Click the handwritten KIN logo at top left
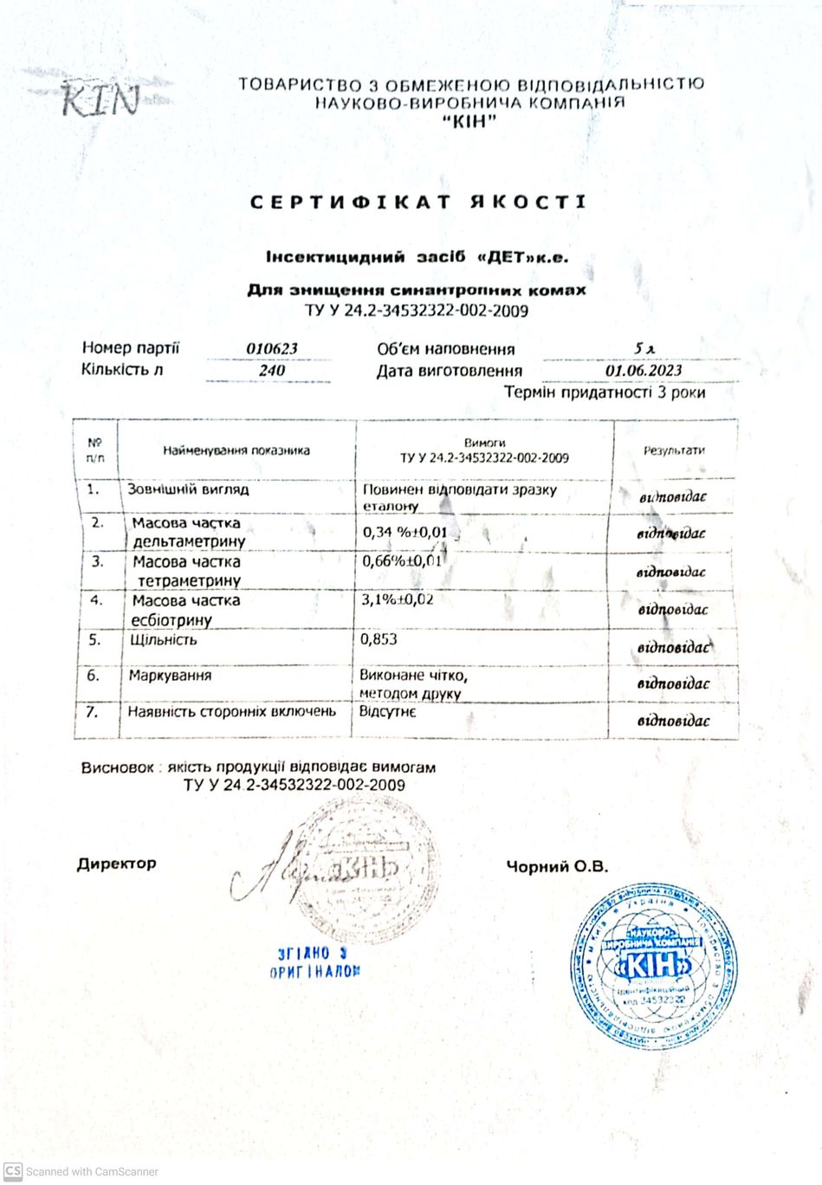(100, 99)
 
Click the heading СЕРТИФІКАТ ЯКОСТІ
(418, 203)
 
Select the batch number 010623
(272, 349)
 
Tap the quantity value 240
(272, 371)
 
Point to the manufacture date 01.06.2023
(644, 371)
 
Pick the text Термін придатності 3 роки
(605, 392)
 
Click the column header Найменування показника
(236, 450)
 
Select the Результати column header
(674, 450)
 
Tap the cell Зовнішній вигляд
(188, 489)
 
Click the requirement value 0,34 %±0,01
(405, 532)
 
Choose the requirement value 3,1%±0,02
(398, 599)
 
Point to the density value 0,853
(379, 639)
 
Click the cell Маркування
(170, 676)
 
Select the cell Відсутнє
(387, 711)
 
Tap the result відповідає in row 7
(673, 721)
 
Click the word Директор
(117, 864)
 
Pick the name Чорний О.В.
(557, 867)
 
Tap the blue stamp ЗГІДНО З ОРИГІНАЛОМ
(314, 962)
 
